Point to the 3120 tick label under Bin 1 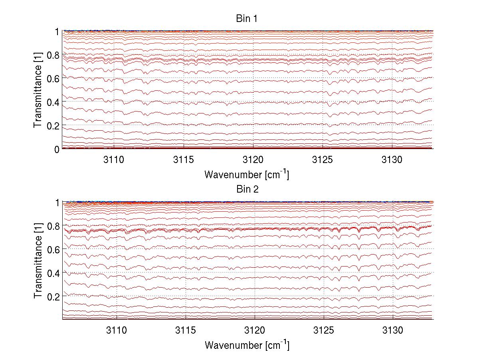tap(253, 160)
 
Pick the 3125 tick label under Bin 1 tap(323, 160)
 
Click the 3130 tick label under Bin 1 tap(392, 160)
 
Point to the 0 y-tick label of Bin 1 tap(57, 149)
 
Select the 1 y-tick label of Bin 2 tap(57, 203)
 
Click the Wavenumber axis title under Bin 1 tap(247, 174)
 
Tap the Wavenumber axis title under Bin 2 tap(247, 345)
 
